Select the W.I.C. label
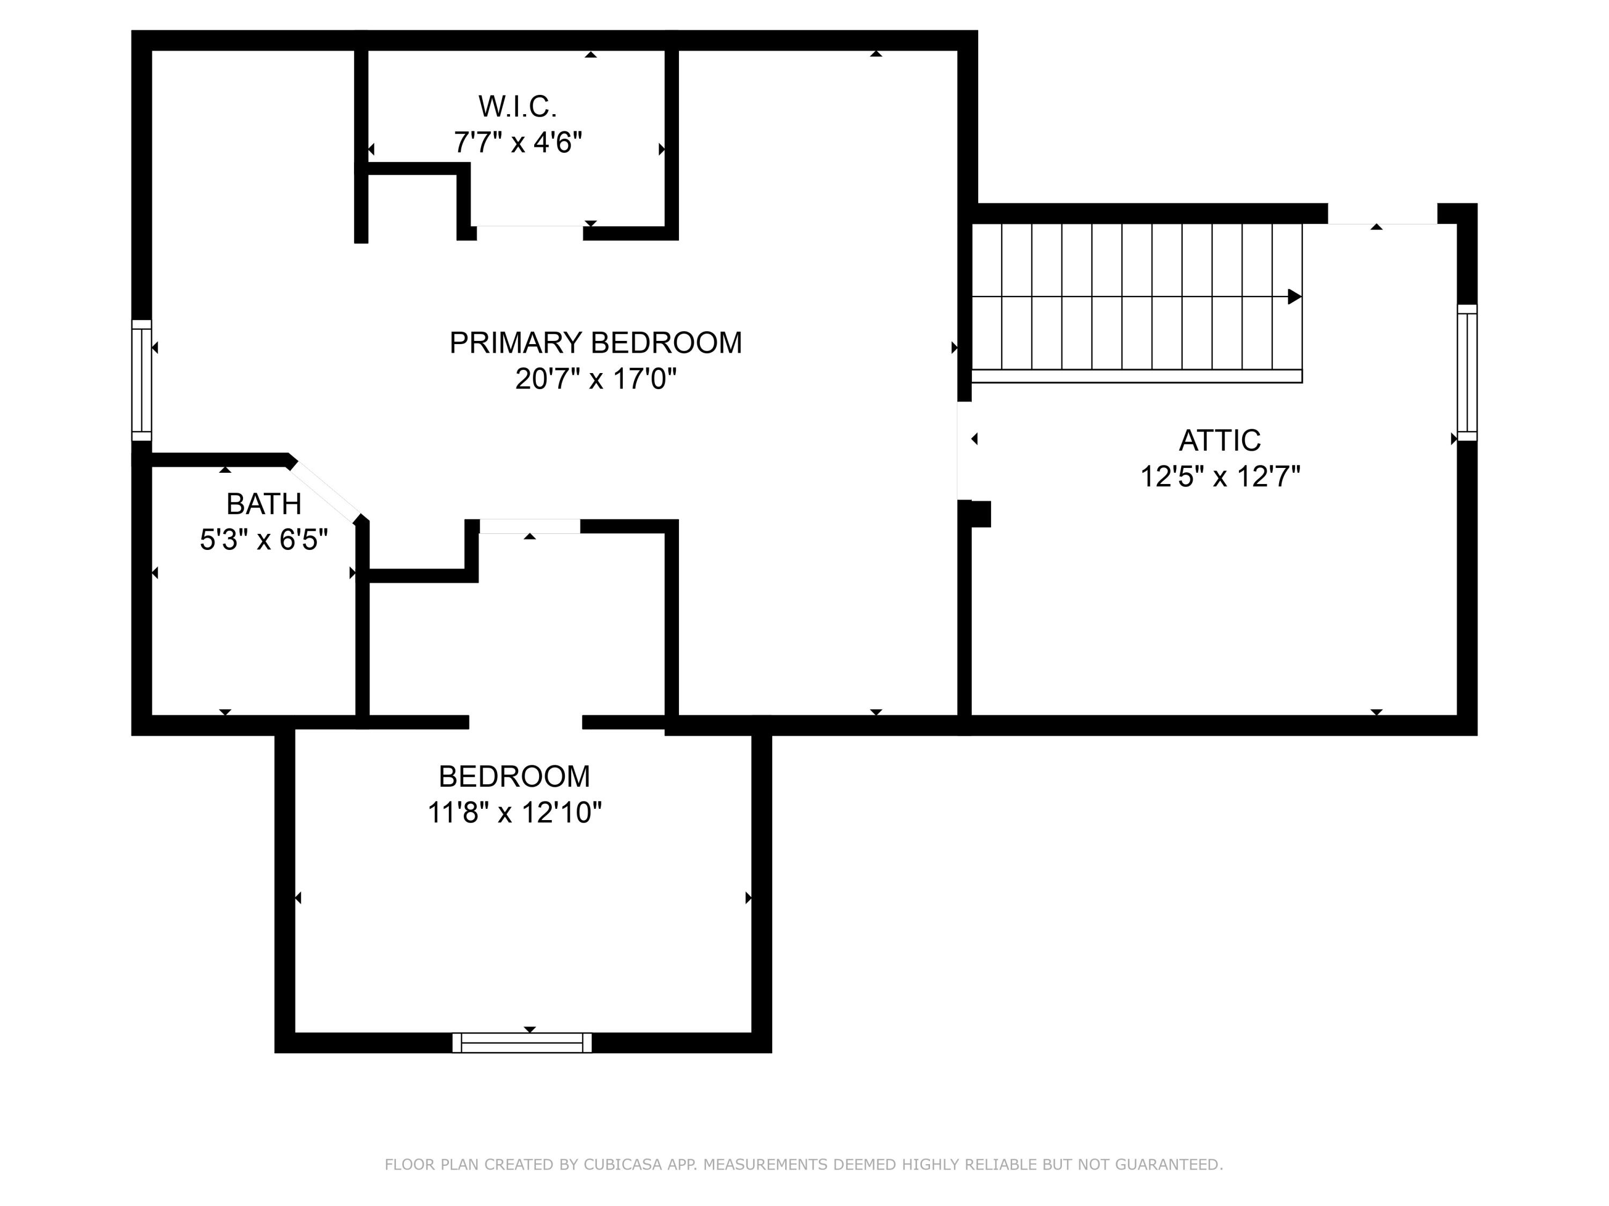tap(517, 107)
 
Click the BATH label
tap(263, 504)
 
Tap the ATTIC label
tap(1219, 441)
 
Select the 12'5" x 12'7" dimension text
tap(1219, 477)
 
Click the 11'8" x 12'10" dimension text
tap(514, 812)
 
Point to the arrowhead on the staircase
tap(1294, 296)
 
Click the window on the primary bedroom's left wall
tap(141, 380)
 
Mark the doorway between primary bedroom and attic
tap(964, 451)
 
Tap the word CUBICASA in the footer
tap(622, 1165)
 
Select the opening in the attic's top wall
tap(1382, 215)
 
